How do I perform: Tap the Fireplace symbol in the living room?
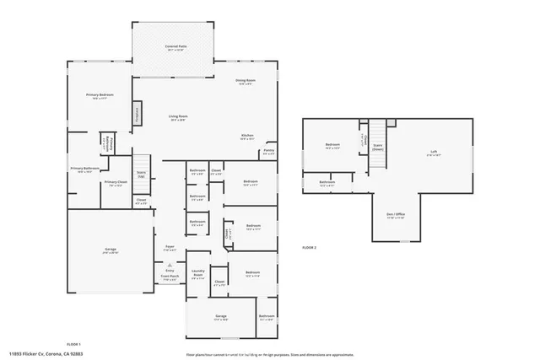tap(136, 115)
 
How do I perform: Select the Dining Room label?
tap(246, 82)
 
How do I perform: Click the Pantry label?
tap(268, 153)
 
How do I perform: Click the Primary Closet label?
tap(116, 183)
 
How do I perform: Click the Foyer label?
tap(170, 248)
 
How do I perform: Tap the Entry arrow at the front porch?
tap(170, 270)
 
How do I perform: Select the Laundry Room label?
tap(197, 275)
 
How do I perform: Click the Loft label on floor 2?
tap(434, 154)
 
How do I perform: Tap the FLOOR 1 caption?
tap(73, 344)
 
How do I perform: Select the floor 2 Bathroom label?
tap(327, 183)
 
